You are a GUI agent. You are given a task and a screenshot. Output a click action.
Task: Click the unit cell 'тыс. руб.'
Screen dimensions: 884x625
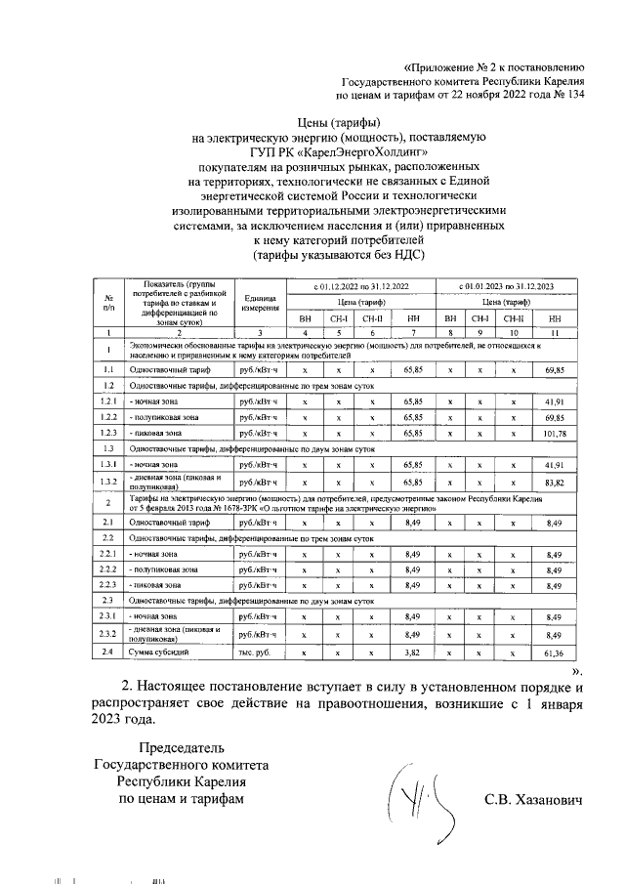click(259, 651)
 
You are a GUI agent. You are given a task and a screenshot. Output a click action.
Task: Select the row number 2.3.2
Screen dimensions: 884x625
click(108, 634)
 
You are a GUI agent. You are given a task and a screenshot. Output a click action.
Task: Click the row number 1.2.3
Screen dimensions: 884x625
click(108, 432)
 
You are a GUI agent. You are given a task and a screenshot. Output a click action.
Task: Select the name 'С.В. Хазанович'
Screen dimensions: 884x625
click(532, 800)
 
